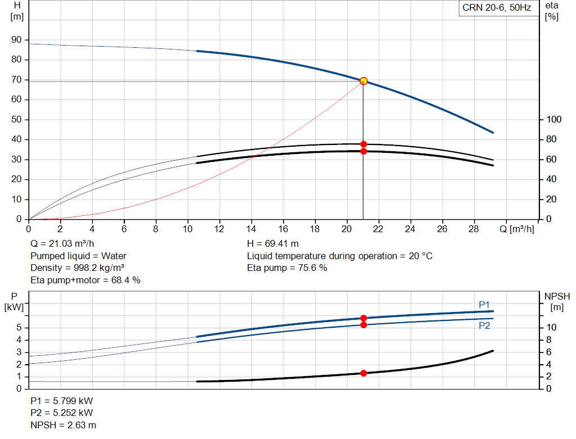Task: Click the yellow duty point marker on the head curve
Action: point(363,81)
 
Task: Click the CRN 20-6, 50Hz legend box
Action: point(498,8)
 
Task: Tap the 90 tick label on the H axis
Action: point(16,40)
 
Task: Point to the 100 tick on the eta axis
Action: point(553,119)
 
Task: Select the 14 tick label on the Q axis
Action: point(251,229)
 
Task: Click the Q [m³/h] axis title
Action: point(516,229)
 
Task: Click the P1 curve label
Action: point(484,305)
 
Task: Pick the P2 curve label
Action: point(484,325)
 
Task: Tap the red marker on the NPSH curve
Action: point(364,373)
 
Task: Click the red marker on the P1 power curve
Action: point(364,318)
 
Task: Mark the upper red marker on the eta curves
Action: point(364,144)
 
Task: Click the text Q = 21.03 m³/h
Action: point(62,244)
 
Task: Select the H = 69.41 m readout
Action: point(273,244)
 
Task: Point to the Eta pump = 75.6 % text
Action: point(287,268)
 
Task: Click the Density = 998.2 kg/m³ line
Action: point(77,268)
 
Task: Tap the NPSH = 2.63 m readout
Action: point(63,425)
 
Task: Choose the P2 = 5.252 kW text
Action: point(62,413)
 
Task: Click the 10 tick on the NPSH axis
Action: point(551,327)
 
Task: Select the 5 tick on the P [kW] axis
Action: point(19,328)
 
